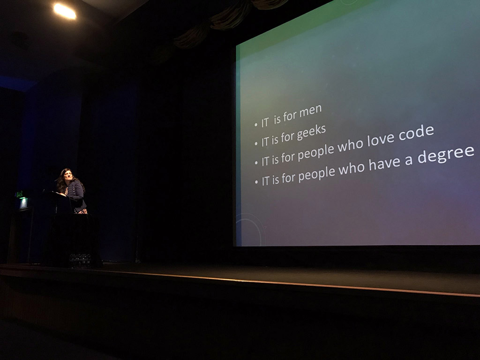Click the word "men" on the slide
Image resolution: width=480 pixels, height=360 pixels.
(x=310, y=112)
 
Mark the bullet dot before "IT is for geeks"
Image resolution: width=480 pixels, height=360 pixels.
(x=256, y=144)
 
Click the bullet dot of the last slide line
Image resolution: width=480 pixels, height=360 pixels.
(x=256, y=182)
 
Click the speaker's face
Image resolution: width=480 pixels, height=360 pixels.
(x=67, y=175)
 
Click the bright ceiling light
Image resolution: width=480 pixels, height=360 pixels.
(x=65, y=11)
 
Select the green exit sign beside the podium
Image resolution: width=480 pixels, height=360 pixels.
(x=19, y=194)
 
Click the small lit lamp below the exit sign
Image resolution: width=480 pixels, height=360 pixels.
(x=23, y=202)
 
